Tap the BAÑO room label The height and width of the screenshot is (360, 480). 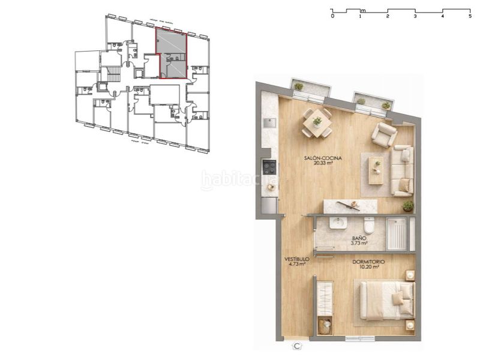[359, 241]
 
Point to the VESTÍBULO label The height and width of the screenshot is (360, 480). [296, 260]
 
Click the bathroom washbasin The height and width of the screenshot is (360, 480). [337, 224]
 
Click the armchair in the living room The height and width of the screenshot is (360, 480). [383, 134]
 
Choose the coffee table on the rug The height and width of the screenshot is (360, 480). [376, 170]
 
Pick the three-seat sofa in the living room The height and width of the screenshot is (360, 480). [402, 170]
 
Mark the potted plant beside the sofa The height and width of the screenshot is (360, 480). [408, 206]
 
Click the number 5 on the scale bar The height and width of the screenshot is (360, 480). [470, 16]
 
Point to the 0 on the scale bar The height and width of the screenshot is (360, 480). [332, 16]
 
